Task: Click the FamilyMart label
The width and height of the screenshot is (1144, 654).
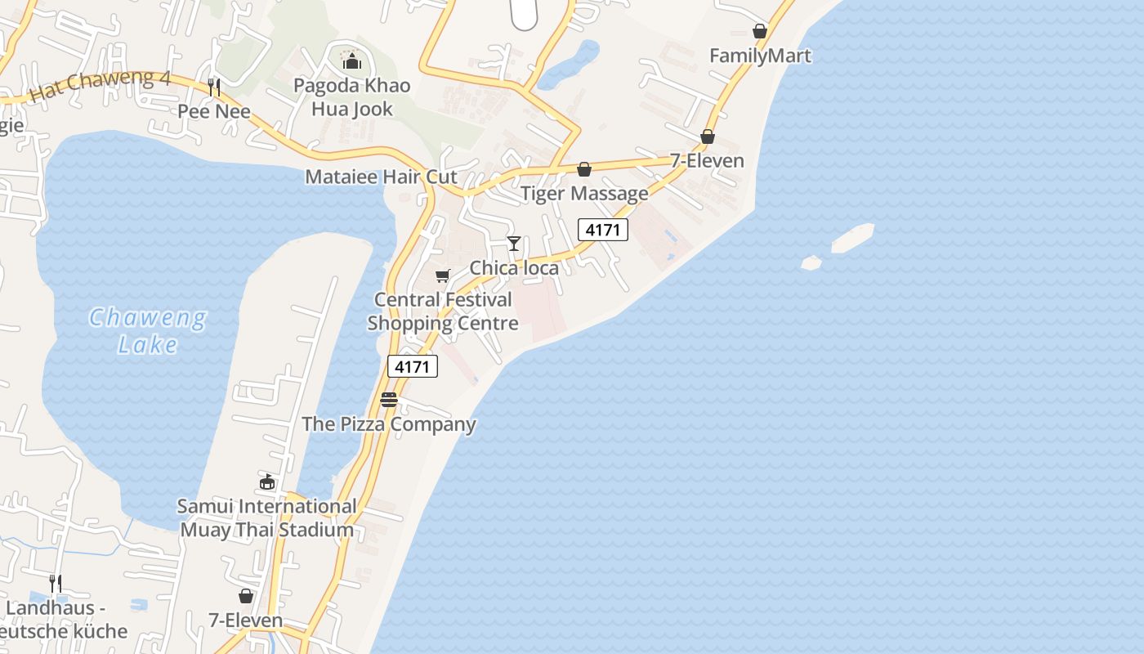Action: tap(760, 56)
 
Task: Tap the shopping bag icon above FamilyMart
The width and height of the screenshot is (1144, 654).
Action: tap(760, 31)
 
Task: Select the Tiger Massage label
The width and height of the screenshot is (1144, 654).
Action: tap(584, 194)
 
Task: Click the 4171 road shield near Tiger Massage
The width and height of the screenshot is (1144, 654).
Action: tap(603, 230)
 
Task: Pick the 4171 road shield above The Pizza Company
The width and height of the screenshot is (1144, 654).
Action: tap(412, 367)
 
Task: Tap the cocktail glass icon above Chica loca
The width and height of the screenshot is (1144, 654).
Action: tap(513, 244)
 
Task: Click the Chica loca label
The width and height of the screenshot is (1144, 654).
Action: tap(514, 268)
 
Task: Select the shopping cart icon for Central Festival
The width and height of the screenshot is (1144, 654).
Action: tap(442, 276)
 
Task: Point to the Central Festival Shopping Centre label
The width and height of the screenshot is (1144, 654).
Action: tap(443, 311)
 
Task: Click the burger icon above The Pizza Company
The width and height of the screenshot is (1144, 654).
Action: tap(389, 400)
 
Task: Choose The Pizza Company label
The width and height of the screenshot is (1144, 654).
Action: tap(389, 424)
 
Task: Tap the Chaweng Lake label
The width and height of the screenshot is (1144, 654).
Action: tap(147, 330)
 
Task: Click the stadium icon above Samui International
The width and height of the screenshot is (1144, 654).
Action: tap(267, 482)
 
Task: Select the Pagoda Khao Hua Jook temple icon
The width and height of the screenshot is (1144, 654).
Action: tap(352, 60)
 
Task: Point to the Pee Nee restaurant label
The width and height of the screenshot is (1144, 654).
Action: tap(214, 111)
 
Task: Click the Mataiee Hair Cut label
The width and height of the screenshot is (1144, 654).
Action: tap(381, 177)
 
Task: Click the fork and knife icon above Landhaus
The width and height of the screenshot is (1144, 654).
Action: tap(56, 584)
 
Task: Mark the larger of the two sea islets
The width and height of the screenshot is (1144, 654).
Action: tap(852, 237)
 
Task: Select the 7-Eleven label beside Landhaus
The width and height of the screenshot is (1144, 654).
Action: tap(245, 620)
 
